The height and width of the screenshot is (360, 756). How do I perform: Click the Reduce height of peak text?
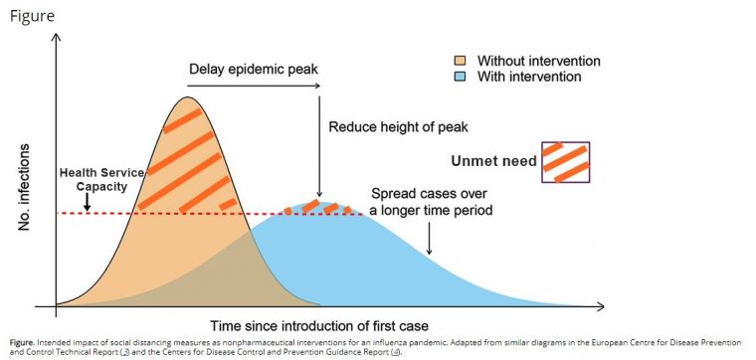(x=398, y=127)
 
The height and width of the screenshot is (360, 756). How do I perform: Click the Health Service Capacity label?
(x=101, y=179)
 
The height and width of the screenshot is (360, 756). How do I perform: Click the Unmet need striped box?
(x=566, y=161)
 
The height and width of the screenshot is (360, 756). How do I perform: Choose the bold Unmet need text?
(x=492, y=161)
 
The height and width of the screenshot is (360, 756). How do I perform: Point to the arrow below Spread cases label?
(x=429, y=239)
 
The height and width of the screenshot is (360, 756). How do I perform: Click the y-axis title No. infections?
(x=28, y=188)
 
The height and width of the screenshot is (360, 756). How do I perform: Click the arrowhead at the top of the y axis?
(x=56, y=39)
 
